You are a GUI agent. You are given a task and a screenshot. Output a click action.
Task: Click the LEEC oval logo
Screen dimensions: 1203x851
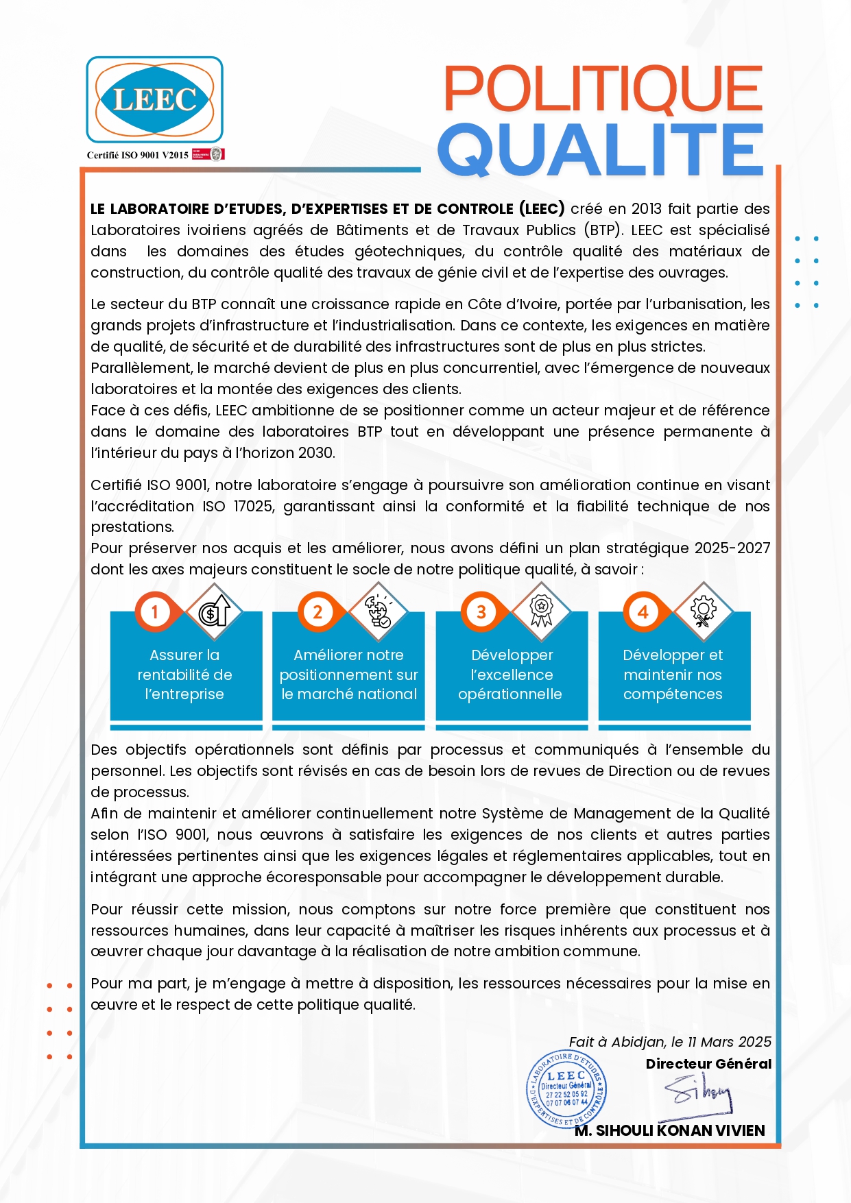(154, 100)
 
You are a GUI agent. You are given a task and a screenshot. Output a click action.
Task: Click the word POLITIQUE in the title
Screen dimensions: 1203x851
(603, 89)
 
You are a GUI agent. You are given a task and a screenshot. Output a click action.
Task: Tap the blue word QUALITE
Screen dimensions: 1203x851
(601, 150)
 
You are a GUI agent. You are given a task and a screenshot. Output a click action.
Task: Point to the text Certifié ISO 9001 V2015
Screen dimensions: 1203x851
(137, 155)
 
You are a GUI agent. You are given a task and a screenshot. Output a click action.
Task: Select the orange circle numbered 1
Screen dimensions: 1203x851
(155, 611)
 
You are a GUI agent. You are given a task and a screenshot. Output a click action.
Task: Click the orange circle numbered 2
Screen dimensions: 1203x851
(317, 611)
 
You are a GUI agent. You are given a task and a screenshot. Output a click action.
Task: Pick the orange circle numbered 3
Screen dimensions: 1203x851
(481, 611)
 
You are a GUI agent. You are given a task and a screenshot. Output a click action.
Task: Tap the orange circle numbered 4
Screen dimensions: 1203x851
(643, 611)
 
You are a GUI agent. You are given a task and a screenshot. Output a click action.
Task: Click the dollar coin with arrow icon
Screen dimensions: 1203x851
(214, 610)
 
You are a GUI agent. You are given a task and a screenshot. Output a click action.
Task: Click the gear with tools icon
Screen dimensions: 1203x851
(703, 610)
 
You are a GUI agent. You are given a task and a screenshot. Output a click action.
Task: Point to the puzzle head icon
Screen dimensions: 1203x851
(378, 610)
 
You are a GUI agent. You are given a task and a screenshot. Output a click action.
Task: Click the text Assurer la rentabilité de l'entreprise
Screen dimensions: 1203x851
(185, 675)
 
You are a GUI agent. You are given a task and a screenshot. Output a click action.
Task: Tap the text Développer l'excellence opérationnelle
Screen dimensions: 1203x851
(511, 675)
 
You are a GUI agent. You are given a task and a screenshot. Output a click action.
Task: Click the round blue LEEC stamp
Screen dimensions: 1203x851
(566, 1089)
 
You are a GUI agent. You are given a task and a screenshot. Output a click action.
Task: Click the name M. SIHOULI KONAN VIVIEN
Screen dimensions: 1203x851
(670, 1130)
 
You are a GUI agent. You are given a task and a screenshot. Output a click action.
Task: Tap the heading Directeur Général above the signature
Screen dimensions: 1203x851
(708, 1064)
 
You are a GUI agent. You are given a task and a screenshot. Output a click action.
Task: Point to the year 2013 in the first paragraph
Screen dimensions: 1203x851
(646, 209)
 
